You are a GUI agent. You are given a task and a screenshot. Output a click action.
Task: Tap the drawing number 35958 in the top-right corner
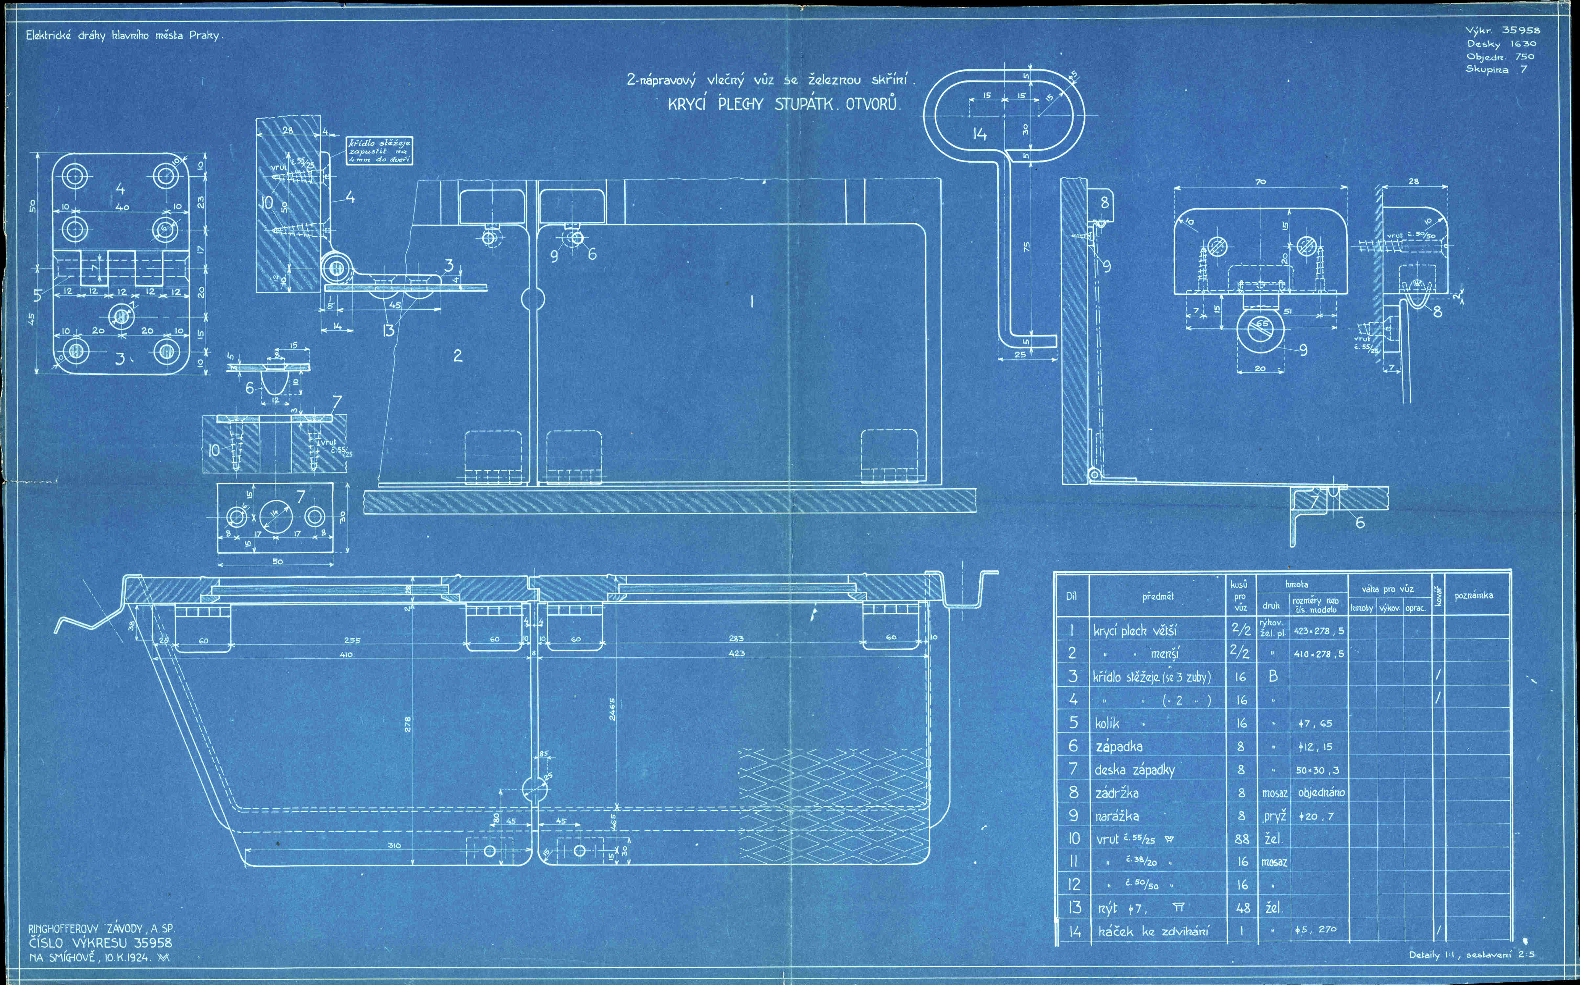pos(1521,30)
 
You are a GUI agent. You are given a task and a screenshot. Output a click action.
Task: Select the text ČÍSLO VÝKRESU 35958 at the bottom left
pos(100,943)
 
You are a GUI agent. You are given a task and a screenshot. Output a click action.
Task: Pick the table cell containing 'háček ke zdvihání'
pos(1153,931)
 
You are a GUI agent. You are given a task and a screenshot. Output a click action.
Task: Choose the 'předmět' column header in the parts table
pos(1157,596)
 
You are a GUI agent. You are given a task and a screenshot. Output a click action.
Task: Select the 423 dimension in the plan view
pos(736,653)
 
